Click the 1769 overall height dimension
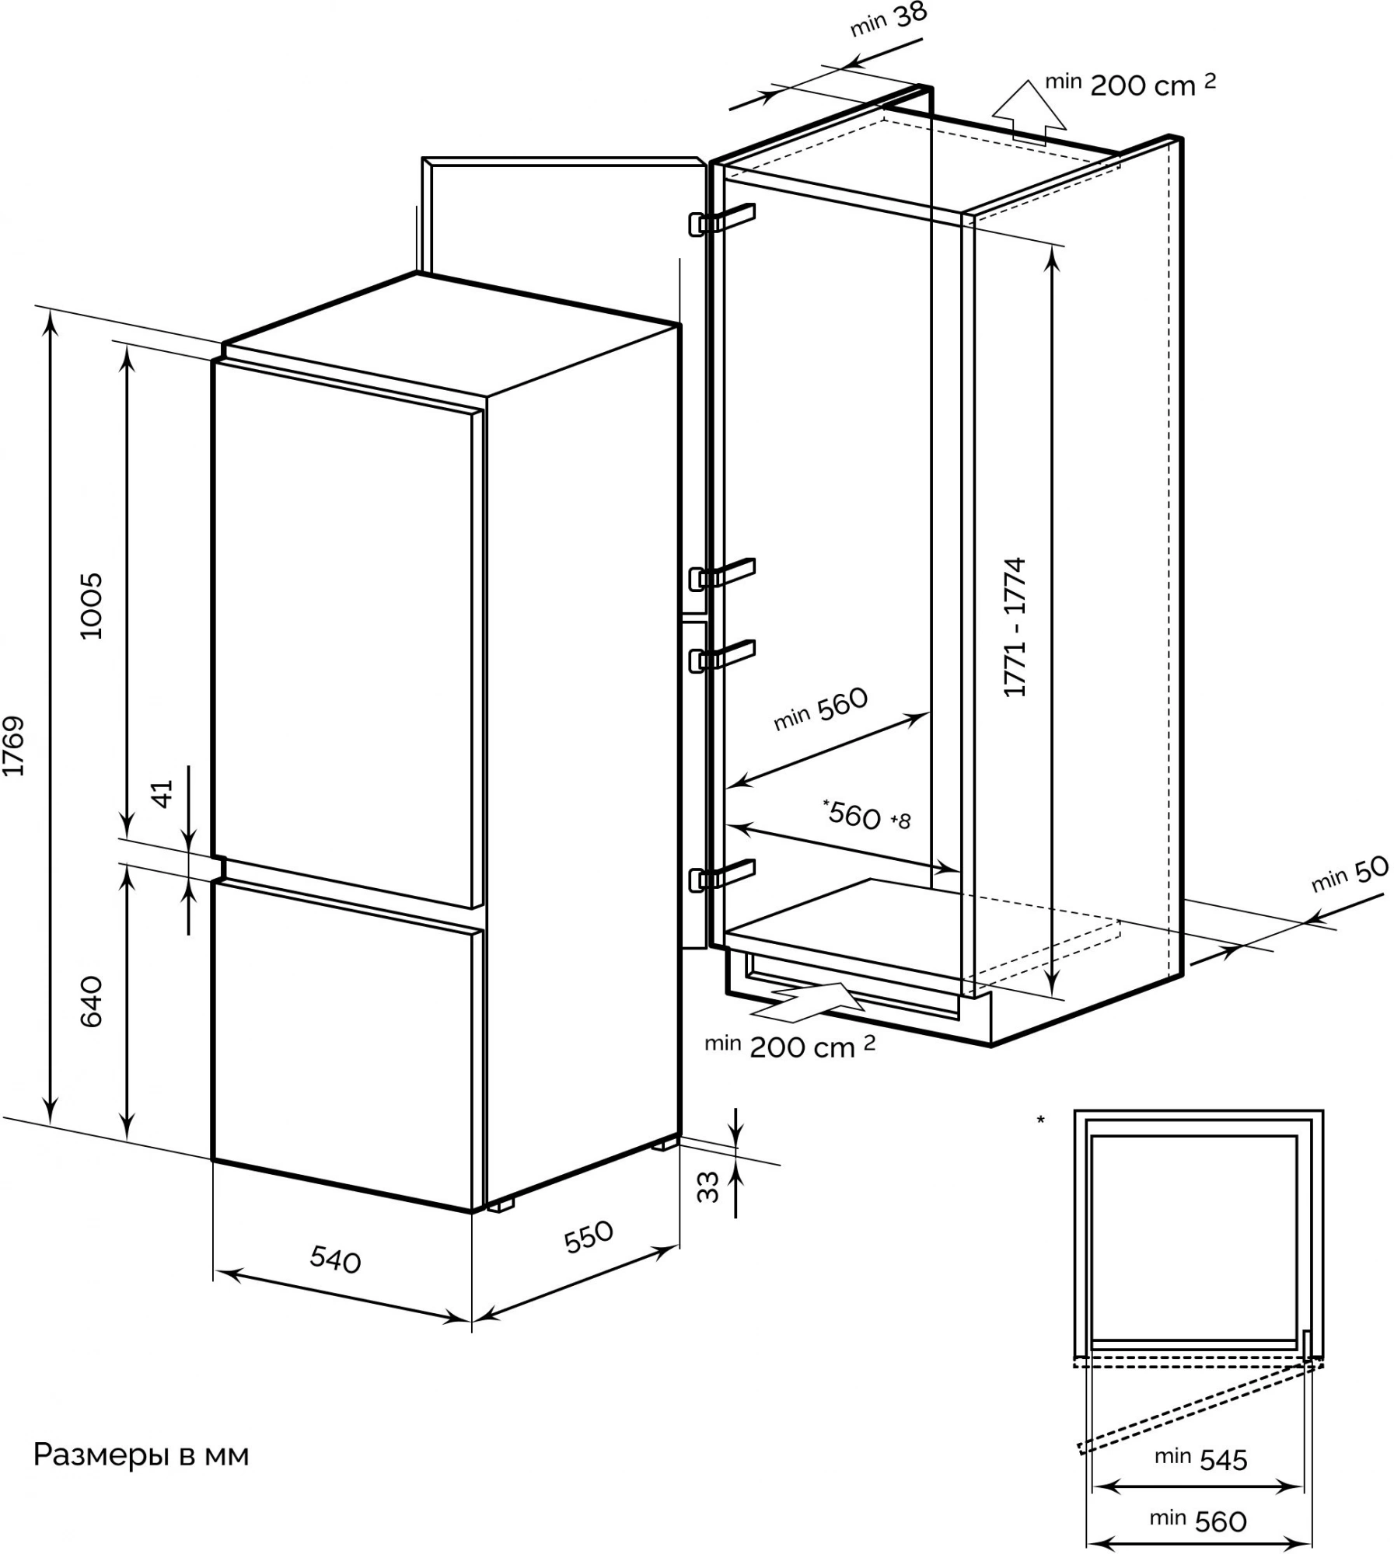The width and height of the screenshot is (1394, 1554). (x=15, y=746)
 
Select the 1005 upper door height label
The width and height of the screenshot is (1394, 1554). (x=92, y=605)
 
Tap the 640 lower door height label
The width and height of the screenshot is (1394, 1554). (x=92, y=1002)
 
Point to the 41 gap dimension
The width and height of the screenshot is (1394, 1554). (x=162, y=793)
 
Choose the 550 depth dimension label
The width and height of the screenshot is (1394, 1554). (x=589, y=1237)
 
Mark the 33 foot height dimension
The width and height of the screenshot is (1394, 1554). (x=707, y=1188)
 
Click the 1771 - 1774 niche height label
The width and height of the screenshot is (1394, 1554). (x=1015, y=627)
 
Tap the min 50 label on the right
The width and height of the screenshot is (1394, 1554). (x=1350, y=874)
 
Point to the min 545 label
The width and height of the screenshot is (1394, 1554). (x=1201, y=1458)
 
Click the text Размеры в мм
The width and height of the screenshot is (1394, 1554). (x=141, y=1455)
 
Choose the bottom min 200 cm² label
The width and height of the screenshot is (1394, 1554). (x=790, y=1047)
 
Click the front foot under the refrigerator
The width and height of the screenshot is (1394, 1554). (x=501, y=1204)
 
